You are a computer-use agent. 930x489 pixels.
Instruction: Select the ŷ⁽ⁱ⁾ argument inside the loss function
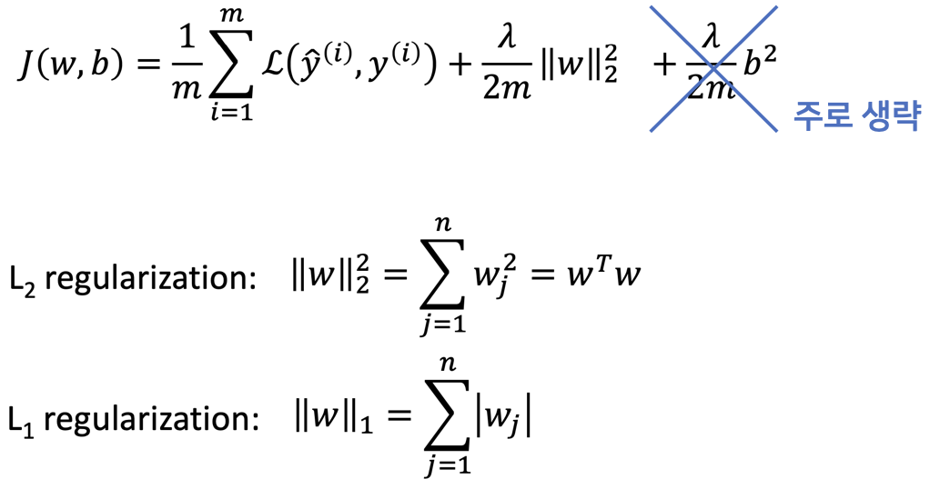click(322, 65)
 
